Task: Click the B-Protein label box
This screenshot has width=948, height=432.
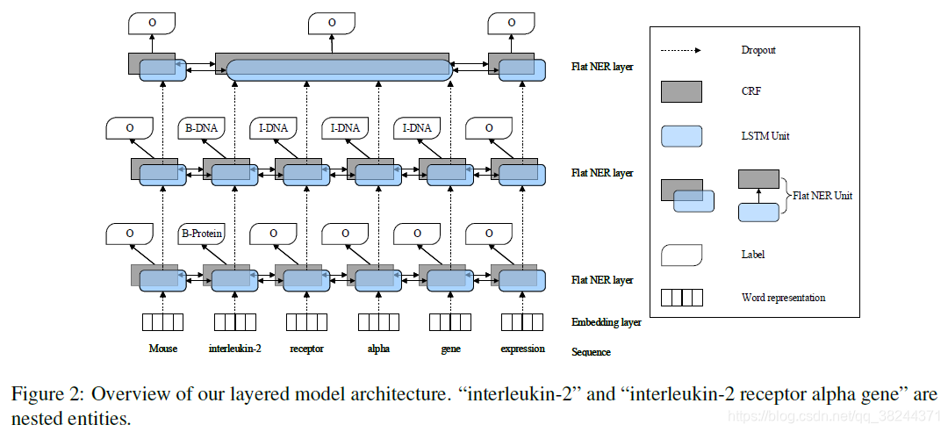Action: tap(201, 234)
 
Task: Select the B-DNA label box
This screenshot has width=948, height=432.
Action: tap(201, 127)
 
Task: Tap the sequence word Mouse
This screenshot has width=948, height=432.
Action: tap(162, 349)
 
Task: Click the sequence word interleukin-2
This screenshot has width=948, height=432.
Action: tap(234, 349)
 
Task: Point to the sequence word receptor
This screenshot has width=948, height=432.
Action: tap(306, 349)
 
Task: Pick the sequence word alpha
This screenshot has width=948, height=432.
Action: tap(378, 349)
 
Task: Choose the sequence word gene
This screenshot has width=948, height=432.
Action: tap(450, 349)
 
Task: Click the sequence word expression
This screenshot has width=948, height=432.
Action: tap(522, 349)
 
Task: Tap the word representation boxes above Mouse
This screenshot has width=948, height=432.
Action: tap(162, 321)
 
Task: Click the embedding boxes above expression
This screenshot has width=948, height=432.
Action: tap(522, 321)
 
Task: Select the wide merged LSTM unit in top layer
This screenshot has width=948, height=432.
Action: tap(341, 71)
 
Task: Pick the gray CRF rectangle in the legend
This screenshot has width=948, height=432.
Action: tap(681, 92)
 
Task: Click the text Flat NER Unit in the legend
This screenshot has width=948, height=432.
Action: tap(822, 195)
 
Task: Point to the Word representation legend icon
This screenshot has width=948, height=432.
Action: tap(682, 298)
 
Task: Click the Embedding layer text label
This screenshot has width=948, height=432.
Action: tap(606, 322)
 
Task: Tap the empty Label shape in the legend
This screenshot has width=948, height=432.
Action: tap(681, 254)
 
